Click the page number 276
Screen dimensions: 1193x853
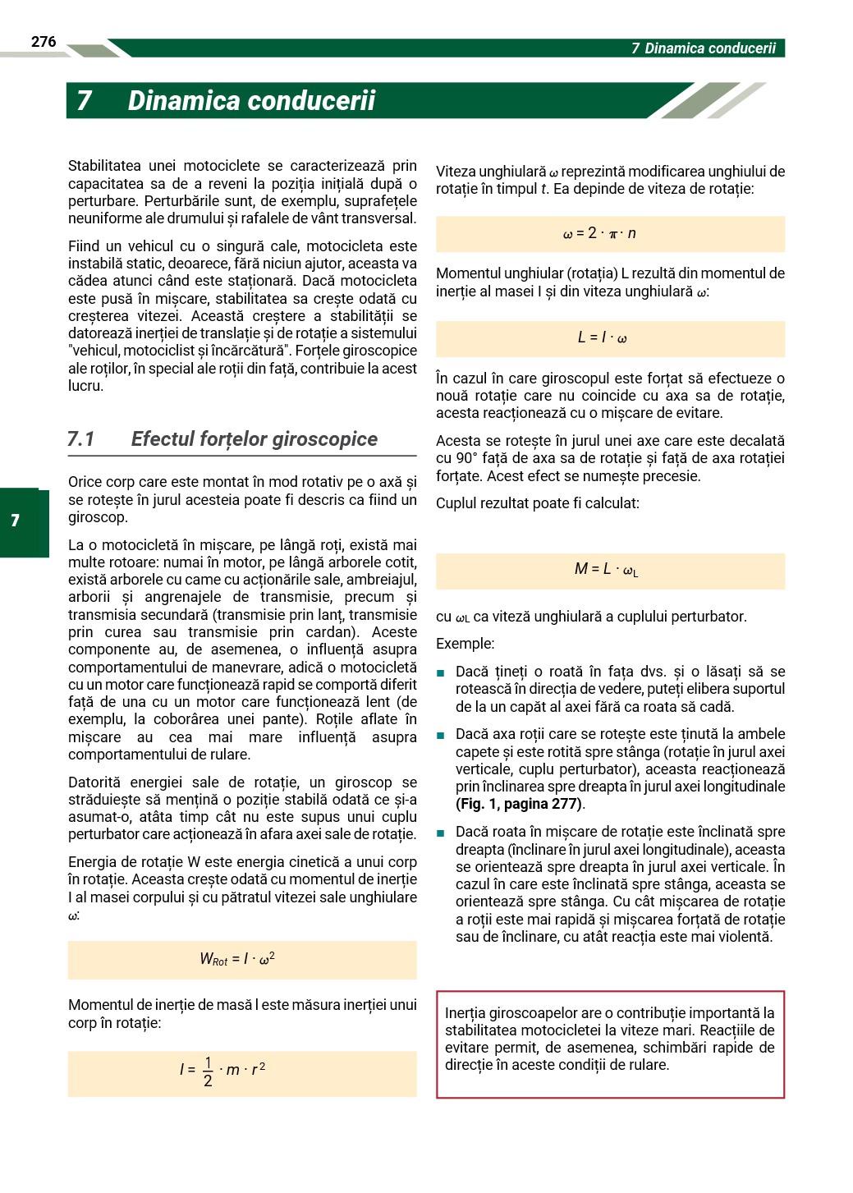44,42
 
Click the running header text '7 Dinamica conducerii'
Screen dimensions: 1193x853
703,48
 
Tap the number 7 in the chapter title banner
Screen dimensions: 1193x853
84,101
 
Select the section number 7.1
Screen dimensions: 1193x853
81,439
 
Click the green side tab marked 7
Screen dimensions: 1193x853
16,521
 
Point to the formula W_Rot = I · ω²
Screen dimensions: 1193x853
237,959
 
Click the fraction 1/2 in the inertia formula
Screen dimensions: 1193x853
208,1071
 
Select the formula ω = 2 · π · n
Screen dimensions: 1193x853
599,234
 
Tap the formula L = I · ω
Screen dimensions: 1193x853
602,337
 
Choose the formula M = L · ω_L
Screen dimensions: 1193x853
606,569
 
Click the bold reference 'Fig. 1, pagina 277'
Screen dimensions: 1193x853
519,804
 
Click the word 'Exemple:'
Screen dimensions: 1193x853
465,644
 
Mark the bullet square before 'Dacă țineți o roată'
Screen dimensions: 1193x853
441,673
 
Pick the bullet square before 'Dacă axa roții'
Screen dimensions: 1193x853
441,736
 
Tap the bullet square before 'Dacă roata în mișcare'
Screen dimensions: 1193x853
441,833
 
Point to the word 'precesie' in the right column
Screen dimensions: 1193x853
672,476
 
